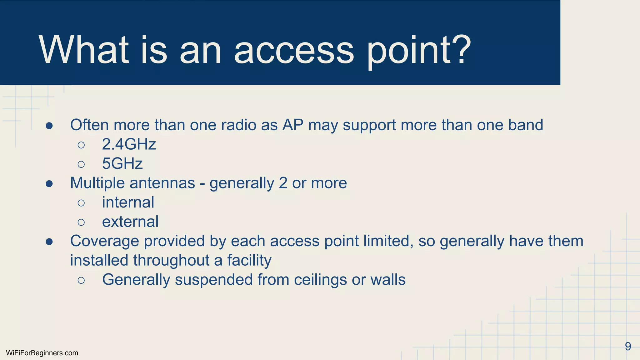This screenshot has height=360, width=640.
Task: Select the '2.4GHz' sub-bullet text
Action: [x=129, y=144]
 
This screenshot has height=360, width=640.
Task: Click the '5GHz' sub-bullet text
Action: [x=122, y=164]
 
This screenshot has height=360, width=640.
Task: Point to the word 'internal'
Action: [x=128, y=202]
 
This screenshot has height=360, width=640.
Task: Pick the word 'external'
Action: [x=130, y=222]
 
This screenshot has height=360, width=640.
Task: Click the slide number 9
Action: [x=628, y=346]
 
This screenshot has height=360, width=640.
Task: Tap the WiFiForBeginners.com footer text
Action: [x=42, y=353]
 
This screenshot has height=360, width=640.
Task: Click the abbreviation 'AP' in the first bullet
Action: [x=293, y=125]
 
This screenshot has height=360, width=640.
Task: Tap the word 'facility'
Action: [x=249, y=261]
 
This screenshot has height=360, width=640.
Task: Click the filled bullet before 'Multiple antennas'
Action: [x=49, y=183]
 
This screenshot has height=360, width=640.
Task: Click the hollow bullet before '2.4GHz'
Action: [x=81, y=145]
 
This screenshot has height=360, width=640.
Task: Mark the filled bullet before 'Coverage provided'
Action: [x=49, y=242]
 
